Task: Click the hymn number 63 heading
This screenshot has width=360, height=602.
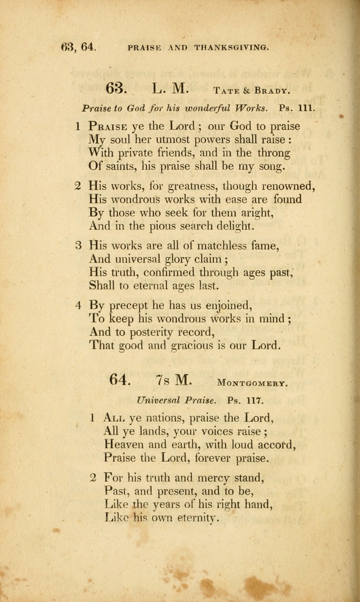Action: click(116, 89)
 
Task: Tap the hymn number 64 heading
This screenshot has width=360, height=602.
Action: click(120, 380)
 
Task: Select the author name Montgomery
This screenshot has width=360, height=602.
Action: click(253, 384)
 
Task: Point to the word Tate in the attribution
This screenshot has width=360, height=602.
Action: click(226, 90)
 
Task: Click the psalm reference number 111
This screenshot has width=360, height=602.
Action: click(306, 108)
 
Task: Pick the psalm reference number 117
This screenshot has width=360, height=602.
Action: click(254, 401)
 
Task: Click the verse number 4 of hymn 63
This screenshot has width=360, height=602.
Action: click(78, 305)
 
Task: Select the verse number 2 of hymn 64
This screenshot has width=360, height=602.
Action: click(93, 478)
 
